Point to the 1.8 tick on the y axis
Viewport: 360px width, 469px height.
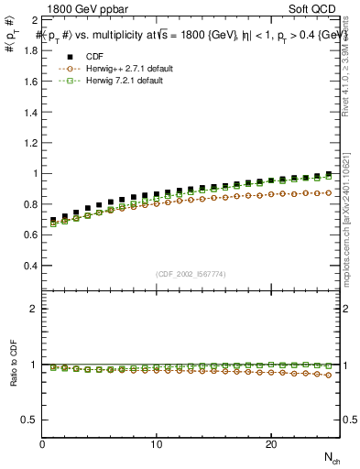pyautogui.click(x=32, y=50)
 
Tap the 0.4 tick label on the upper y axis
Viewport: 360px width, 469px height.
pyautogui.click(x=32, y=266)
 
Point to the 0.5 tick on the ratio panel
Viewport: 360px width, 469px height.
pyautogui.click(x=32, y=420)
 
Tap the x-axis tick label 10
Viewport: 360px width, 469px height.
pyautogui.click(x=157, y=444)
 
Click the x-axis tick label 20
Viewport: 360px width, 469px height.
pyautogui.click(x=271, y=444)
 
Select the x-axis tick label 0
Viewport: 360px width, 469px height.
pyautogui.click(x=42, y=444)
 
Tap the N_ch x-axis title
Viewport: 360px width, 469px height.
pyautogui.click(x=331, y=457)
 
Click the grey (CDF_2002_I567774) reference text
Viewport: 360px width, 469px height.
pyautogui.click(x=191, y=274)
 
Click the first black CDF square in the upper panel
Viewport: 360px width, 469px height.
pyautogui.click(x=53, y=221)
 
